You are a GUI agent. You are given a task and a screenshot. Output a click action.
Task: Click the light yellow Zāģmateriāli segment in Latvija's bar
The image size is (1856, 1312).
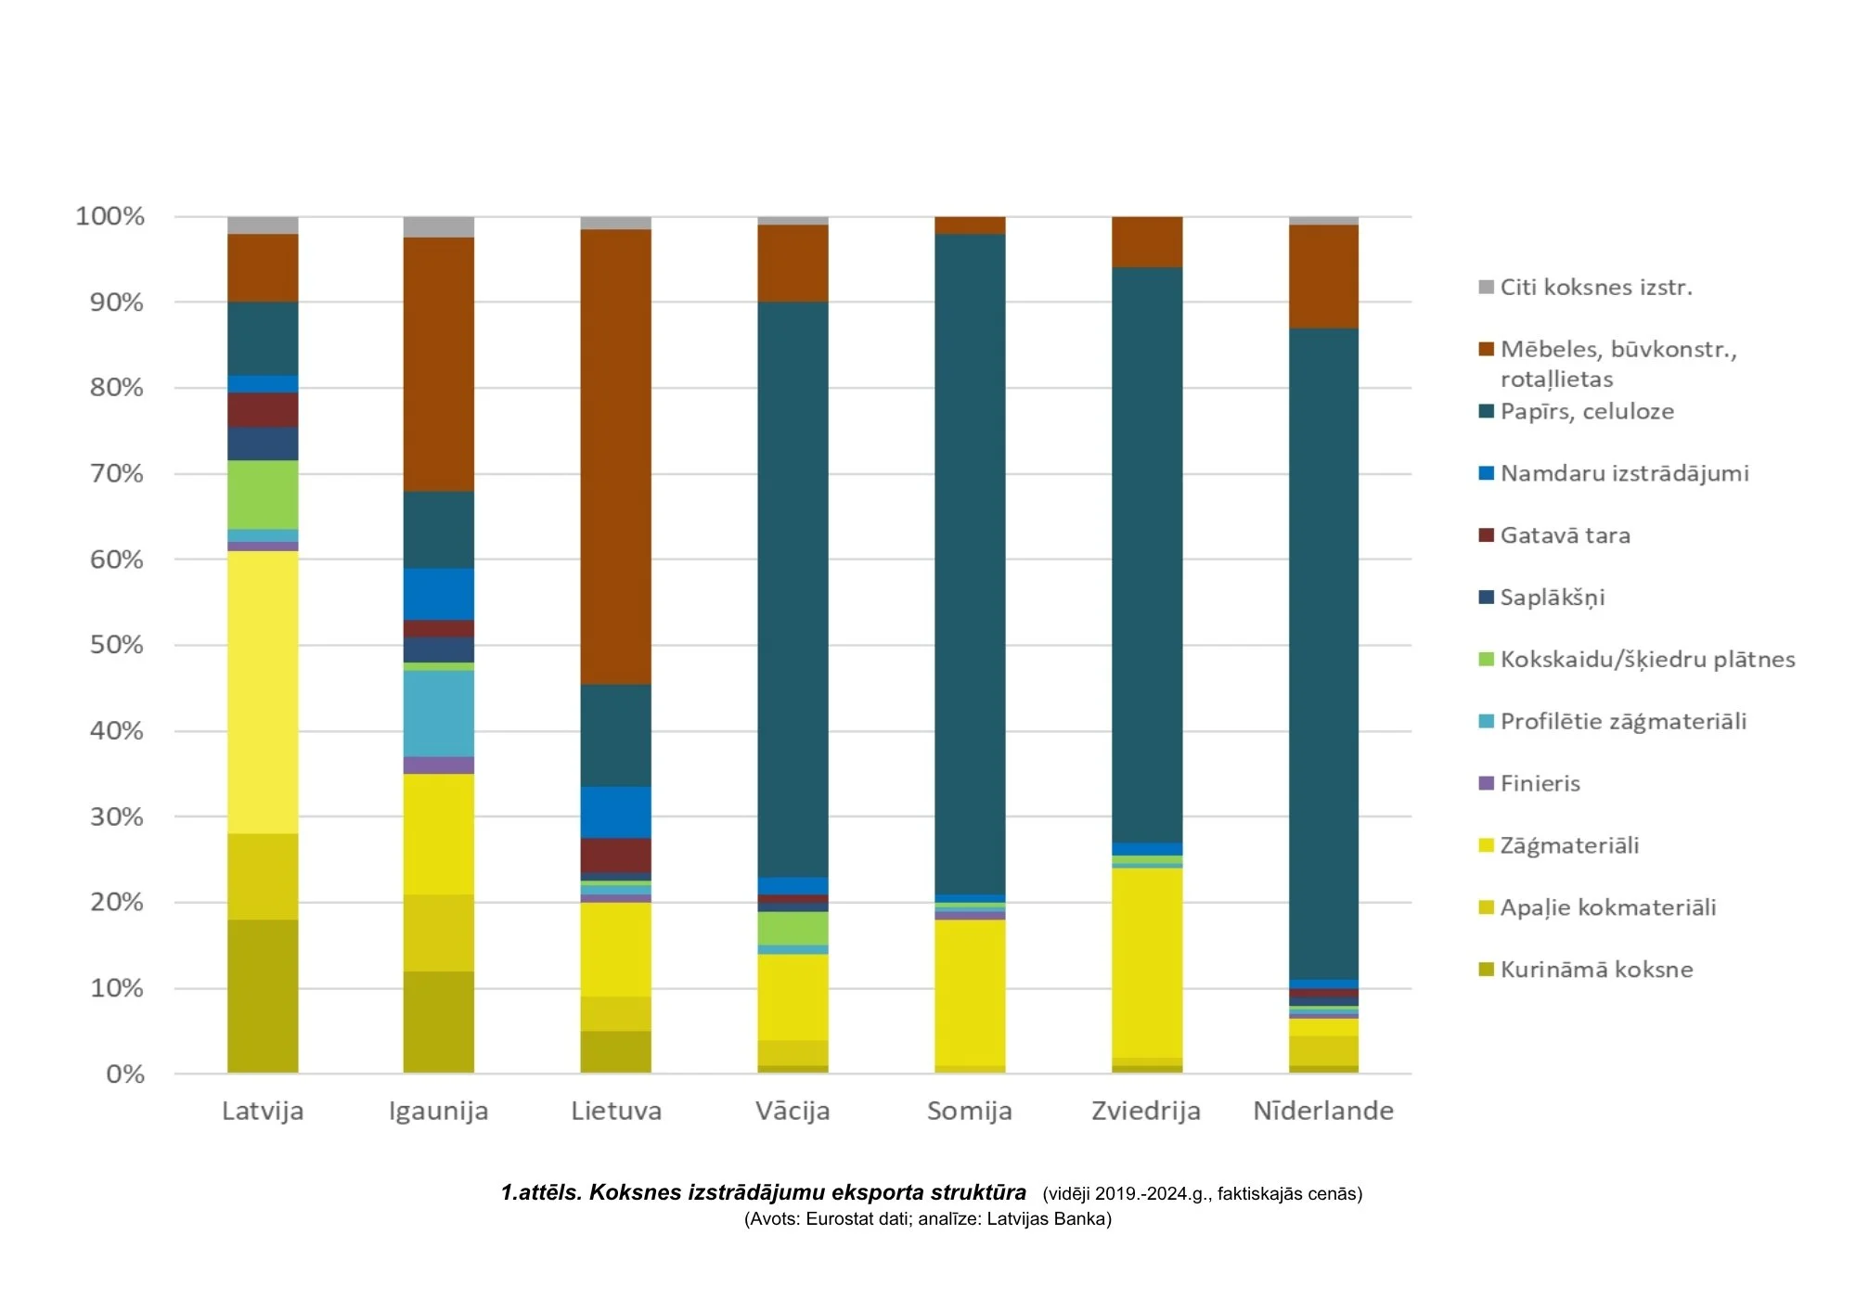coord(263,691)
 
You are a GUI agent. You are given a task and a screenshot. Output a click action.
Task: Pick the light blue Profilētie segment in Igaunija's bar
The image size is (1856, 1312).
coord(438,713)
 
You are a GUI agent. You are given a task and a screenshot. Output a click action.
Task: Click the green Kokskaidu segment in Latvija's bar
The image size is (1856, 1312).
coord(263,495)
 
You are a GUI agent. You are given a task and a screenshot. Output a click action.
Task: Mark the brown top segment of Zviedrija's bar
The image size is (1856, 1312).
coord(1147,242)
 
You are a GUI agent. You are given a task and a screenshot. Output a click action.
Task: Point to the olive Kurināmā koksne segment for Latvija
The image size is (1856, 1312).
coord(263,996)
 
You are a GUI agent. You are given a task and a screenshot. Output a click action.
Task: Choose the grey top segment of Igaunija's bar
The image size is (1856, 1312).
coord(438,227)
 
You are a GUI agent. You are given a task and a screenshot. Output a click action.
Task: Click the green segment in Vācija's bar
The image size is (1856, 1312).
coord(793,928)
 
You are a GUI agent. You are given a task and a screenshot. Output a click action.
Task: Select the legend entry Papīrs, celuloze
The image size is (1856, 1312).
coord(1587,411)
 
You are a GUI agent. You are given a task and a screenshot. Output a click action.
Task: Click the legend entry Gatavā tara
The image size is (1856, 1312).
coord(1565,535)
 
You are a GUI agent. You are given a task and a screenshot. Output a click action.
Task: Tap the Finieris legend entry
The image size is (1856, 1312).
coord(1540,783)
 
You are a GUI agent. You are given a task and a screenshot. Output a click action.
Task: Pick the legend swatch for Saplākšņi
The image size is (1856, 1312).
coord(1486,598)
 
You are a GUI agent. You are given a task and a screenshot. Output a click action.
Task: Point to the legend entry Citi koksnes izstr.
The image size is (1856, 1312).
coord(1595,288)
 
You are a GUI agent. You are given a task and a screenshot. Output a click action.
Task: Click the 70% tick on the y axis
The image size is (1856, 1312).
coord(116,474)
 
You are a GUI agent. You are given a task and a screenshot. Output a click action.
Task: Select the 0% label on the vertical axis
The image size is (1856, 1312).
coord(125,1074)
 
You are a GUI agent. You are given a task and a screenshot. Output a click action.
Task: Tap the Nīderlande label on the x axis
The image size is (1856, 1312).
coord(1323,1111)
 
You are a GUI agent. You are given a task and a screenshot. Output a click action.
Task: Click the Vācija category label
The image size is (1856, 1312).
coord(793,1111)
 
